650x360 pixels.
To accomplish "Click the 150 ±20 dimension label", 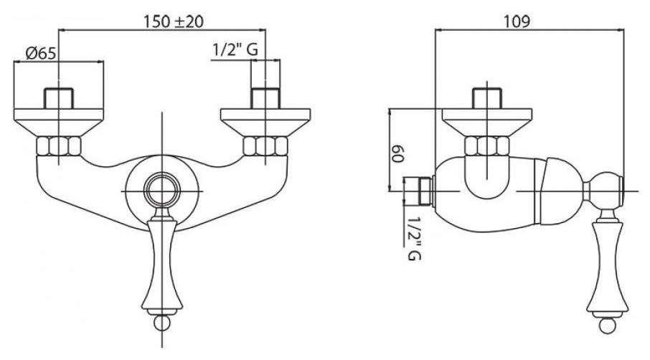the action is pos(174,21).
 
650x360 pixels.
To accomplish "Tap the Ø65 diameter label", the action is pos(41,53).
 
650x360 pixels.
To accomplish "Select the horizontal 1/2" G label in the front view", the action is pos(235,50).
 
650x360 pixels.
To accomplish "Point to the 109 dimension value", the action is pos(517,22).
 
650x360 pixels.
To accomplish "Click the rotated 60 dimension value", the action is pos(397,154).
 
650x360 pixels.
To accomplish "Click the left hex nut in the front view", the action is pos(58,146).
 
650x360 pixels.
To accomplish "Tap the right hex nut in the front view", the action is pos(265,146).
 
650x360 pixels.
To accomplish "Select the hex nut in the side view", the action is pos(486,146).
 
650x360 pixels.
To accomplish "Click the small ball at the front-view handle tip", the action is pos(161,323).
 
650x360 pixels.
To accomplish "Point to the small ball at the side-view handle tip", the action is pos(607,326).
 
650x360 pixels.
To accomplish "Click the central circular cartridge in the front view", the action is pos(162,191).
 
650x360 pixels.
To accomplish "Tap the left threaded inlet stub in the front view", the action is pos(58,98).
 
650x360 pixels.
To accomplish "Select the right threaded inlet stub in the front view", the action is pos(265,98).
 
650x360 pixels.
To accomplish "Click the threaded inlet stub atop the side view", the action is pos(486,98).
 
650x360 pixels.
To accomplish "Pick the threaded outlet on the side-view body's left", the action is pos(419,191).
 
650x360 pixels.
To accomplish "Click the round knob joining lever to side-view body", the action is pos(603,191).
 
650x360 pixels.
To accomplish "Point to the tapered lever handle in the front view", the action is pos(161,265).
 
